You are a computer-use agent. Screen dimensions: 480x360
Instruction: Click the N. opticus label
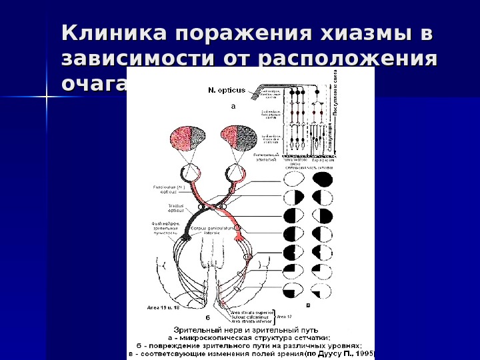(x=226, y=88)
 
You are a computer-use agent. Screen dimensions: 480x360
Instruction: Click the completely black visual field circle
(x=324, y=180)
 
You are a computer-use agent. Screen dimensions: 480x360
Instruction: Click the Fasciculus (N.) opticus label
(x=165, y=190)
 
